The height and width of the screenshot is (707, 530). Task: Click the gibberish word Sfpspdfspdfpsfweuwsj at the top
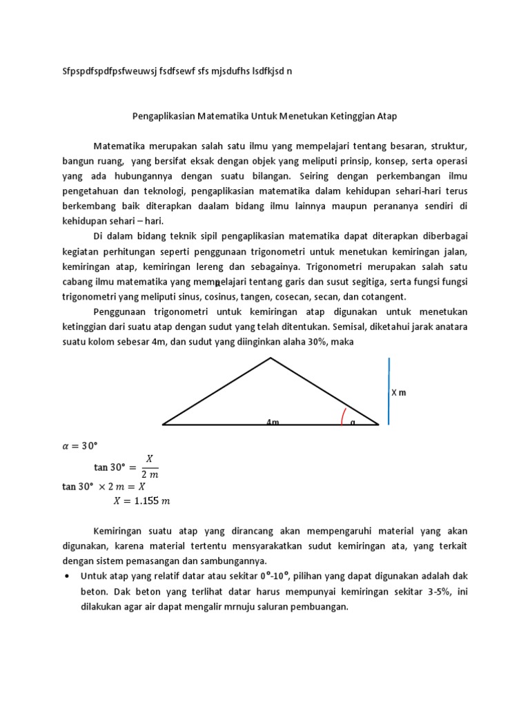(x=105, y=71)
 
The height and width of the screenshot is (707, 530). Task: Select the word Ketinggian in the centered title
(x=344, y=116)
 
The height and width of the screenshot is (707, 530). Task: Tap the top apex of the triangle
(x=271, y=358)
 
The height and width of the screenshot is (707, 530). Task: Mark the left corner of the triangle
(x=164, y=425)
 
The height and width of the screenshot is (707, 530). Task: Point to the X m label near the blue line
(x=399, y=392)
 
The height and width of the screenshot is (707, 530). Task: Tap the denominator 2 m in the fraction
(x=150, y=474)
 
